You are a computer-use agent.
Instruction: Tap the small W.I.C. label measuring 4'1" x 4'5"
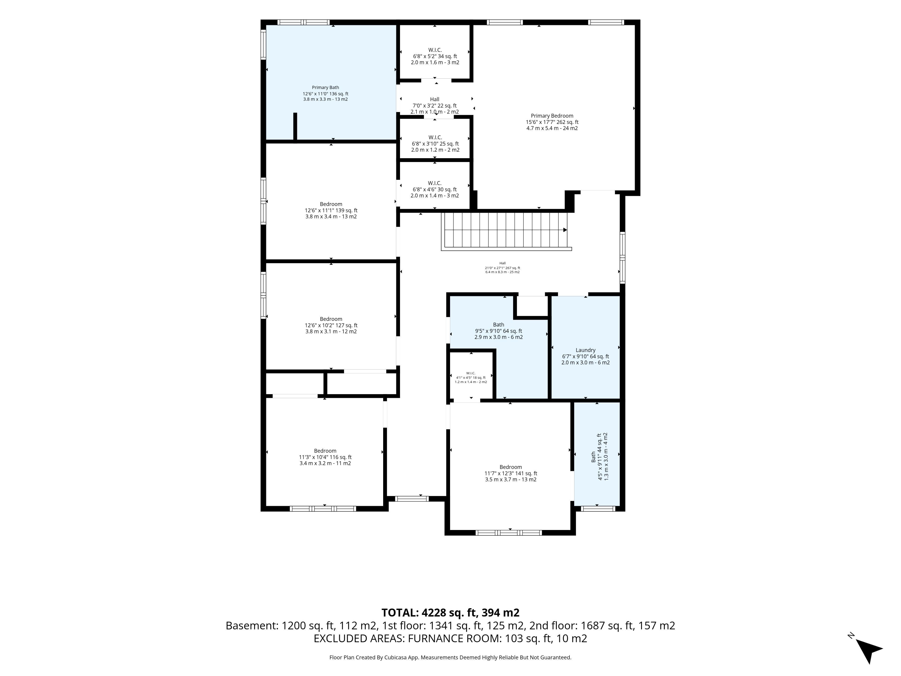pos(471,377)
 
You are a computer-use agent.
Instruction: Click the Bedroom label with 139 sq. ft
pos(331,210)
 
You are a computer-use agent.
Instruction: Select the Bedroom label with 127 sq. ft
pos(331,325)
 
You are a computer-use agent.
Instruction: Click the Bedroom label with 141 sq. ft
pos(511,473)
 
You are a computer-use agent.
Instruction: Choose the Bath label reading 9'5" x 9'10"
pos(499,331)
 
